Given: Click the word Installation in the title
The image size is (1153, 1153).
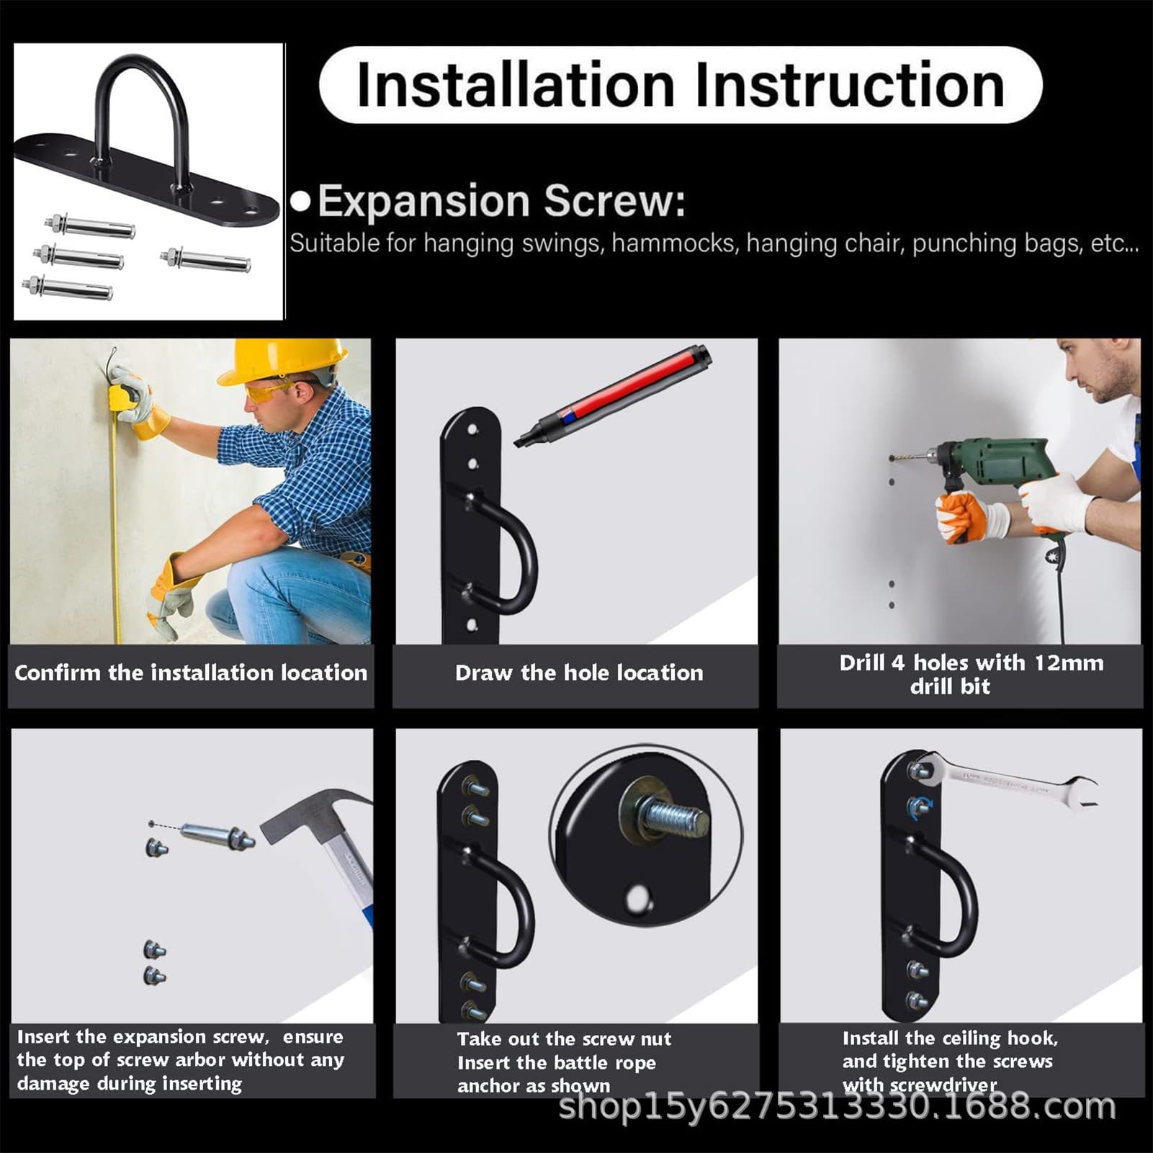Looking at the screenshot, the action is tap(516, 85).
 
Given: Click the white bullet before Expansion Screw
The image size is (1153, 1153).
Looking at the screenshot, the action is tap(300, 202).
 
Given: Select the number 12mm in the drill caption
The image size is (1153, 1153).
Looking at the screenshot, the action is tap(1069, 663).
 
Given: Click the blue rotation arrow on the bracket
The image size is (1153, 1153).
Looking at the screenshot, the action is tap(920, 807).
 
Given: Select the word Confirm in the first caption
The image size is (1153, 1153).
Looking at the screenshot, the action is tap(58, 673).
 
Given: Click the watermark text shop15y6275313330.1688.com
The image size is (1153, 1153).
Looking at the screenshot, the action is tap(837, 1107).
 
